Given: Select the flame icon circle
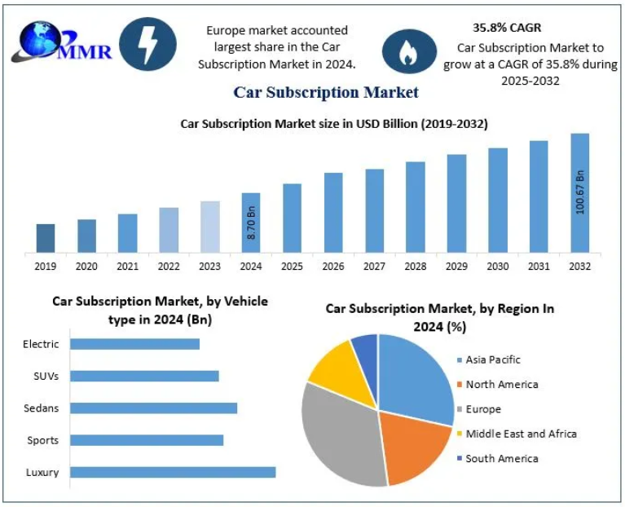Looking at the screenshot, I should coord(407,51).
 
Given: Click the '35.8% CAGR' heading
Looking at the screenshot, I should coord(507,28).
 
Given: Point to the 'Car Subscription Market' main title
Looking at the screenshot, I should coord(326,92).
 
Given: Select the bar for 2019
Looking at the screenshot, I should coord(46,238).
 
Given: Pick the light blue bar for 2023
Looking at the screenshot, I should coord(210,226).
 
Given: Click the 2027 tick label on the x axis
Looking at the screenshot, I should coord(375,267).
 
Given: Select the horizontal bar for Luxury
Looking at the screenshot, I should coord(173,472).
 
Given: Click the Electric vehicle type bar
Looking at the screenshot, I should coord(134,344).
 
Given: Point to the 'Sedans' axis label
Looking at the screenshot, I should coord(42,408).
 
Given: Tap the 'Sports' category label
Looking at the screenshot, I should coord(42,440).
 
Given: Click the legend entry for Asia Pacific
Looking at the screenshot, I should coord(492,359).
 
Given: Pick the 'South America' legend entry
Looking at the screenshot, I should coord(501,458).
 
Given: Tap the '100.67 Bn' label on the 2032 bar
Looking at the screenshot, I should coord(580,192).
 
